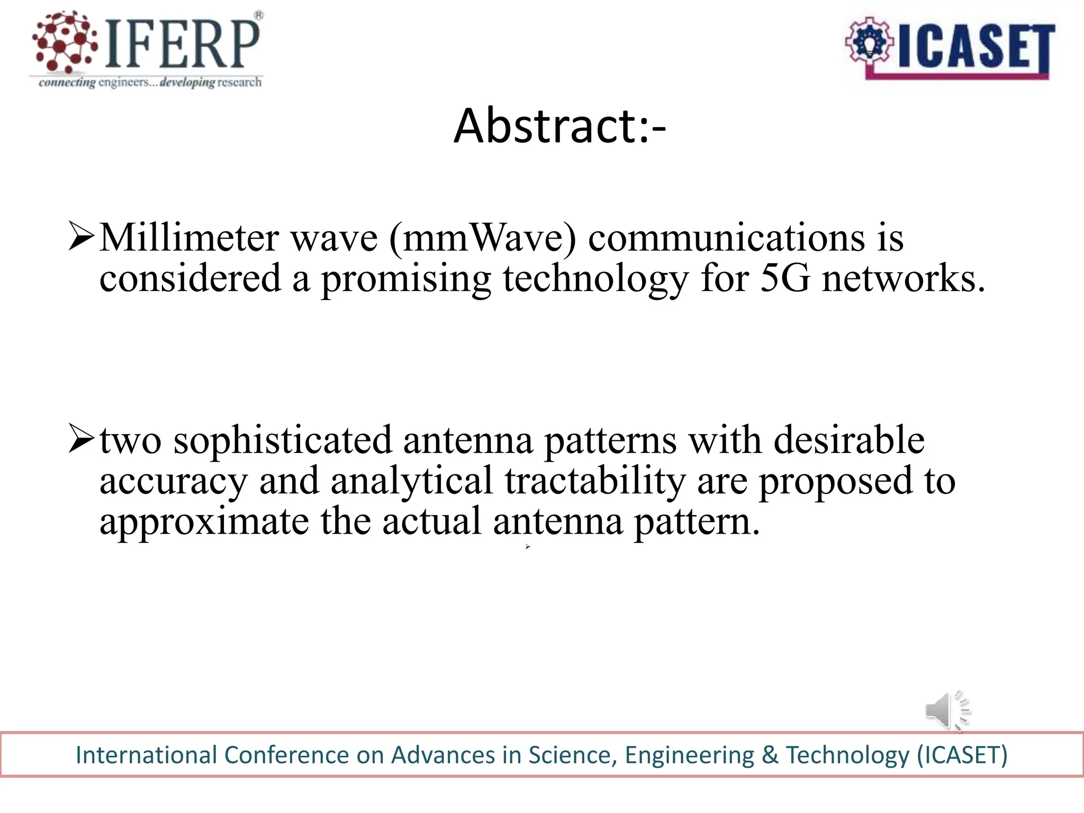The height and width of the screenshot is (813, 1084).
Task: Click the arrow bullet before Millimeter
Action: [x=82, y=237]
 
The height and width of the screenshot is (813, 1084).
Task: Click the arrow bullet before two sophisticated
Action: [x=82, y=439]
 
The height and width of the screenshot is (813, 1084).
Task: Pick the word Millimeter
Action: [x=189, y=238]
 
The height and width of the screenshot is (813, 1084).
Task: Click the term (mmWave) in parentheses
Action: [x=482, y=238]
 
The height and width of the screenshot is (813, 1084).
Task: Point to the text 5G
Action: [x=784, y=278]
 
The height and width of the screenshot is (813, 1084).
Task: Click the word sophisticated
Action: [x=283, y=440]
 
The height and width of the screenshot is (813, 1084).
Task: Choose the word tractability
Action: [x=595, y=481]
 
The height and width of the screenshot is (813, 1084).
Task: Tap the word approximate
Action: [x=204, y=522]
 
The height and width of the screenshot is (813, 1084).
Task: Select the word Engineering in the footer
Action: [x=690, y=755]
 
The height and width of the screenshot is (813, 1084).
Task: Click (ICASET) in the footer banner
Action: [x=962, y=755]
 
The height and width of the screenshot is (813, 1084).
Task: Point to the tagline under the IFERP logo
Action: [x=150, y=82]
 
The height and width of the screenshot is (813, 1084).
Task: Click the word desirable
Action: [x=849, y=440]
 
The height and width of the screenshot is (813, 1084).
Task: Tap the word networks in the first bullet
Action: [x=903, y=278]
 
